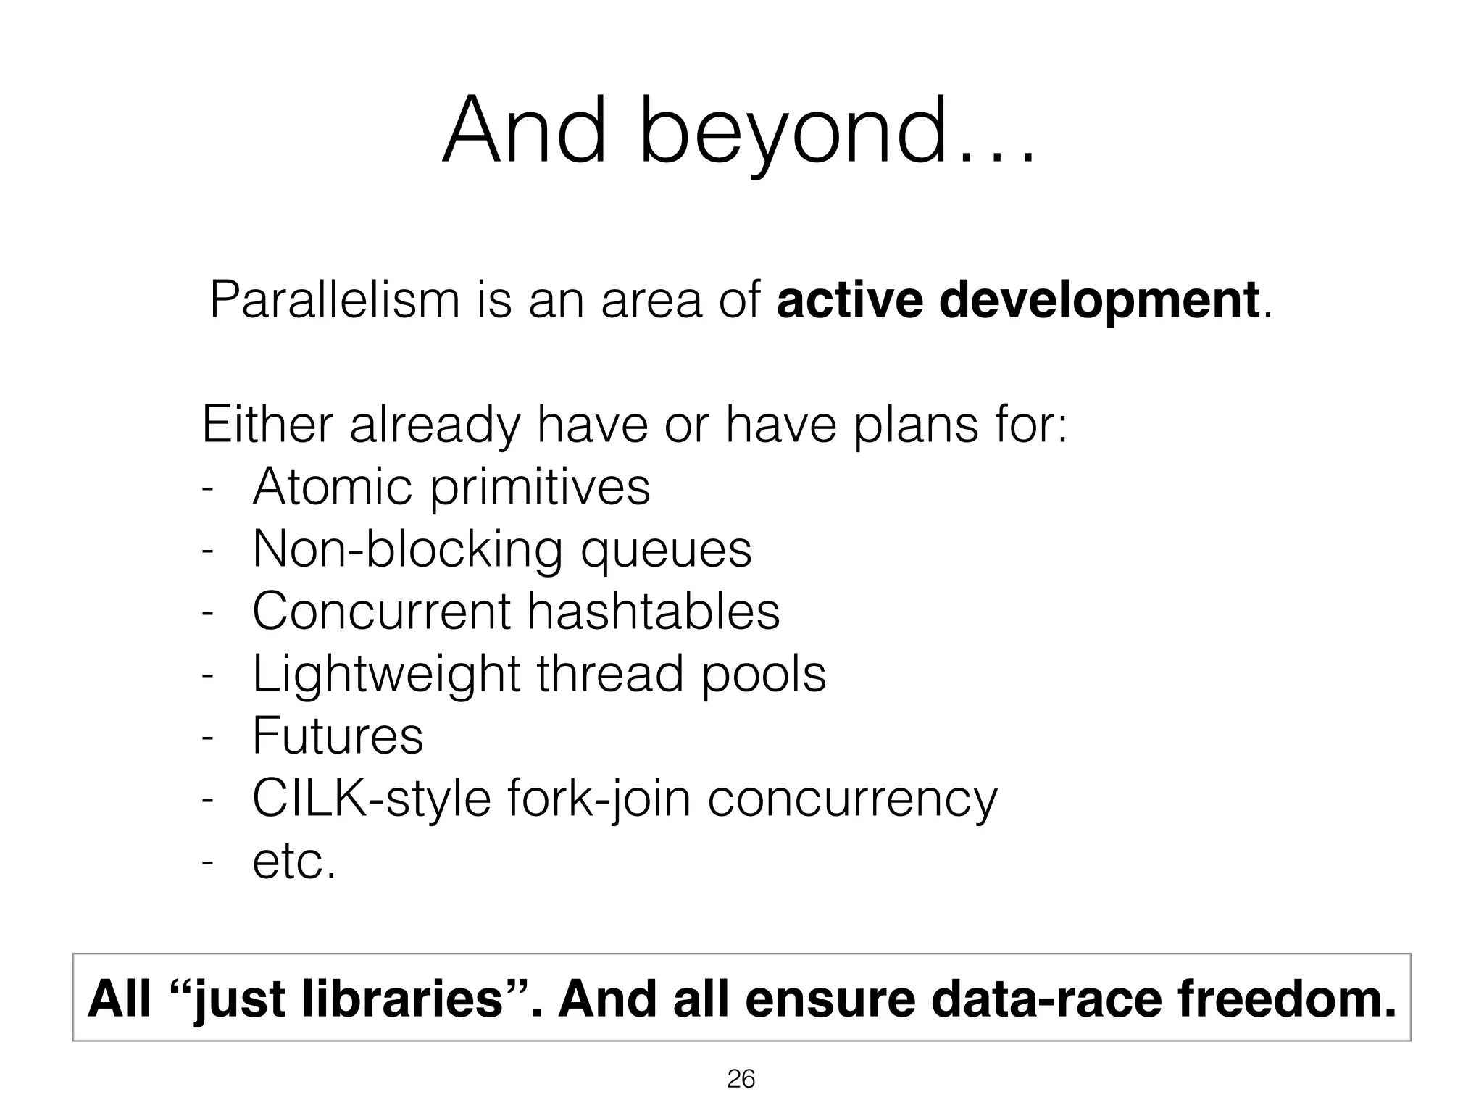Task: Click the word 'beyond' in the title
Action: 793,134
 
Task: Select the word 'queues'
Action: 666,551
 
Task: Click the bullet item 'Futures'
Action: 338,736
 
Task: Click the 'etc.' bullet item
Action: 294,862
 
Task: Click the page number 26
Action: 741,1080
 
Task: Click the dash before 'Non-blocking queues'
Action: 208,551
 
